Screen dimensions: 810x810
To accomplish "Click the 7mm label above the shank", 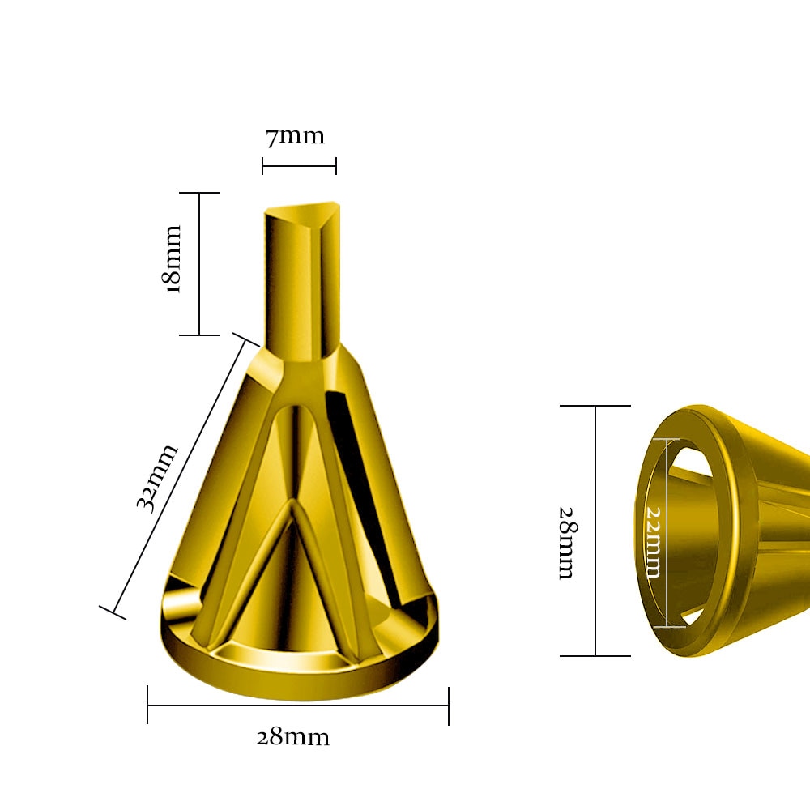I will click(295, 136).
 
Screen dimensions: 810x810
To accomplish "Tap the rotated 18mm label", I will click(173, 260).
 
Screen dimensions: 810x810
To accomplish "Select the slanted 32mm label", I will click(157, 477).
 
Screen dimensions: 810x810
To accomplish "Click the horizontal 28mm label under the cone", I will click(292, 738).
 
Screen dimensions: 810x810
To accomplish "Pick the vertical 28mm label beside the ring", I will click(566, 543).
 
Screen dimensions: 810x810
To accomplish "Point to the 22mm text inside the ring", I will click(652, 542).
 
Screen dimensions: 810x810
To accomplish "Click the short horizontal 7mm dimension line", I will click(299, 166).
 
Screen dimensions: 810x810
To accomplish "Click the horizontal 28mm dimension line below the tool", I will click(298, 706).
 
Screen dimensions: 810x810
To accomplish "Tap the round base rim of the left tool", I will click(300, 676).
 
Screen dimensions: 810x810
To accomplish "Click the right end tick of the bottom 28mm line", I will click(448, 706).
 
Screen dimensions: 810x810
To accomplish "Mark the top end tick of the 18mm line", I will click(199, 193).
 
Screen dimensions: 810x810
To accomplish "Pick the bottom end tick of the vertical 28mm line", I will click(595, 655).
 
